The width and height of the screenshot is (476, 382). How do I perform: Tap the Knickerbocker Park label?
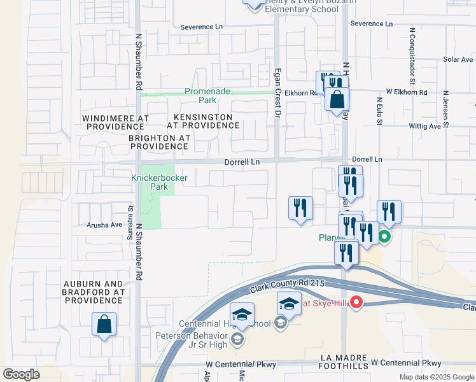[159, 182]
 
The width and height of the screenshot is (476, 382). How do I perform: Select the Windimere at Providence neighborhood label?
[115, 123]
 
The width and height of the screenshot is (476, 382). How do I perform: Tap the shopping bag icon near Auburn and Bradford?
[104, 324]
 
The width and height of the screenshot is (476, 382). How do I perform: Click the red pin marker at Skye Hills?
[356, 303]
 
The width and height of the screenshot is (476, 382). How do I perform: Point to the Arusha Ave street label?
[104, 225]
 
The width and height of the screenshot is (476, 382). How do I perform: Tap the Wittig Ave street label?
[426, 126]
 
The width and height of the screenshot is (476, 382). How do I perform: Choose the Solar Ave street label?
[458, 59]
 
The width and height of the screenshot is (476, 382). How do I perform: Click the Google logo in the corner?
[21, 374]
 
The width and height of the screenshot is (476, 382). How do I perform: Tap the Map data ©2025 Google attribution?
[436, 377]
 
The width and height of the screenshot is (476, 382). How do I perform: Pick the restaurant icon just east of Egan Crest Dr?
[300, 208]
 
